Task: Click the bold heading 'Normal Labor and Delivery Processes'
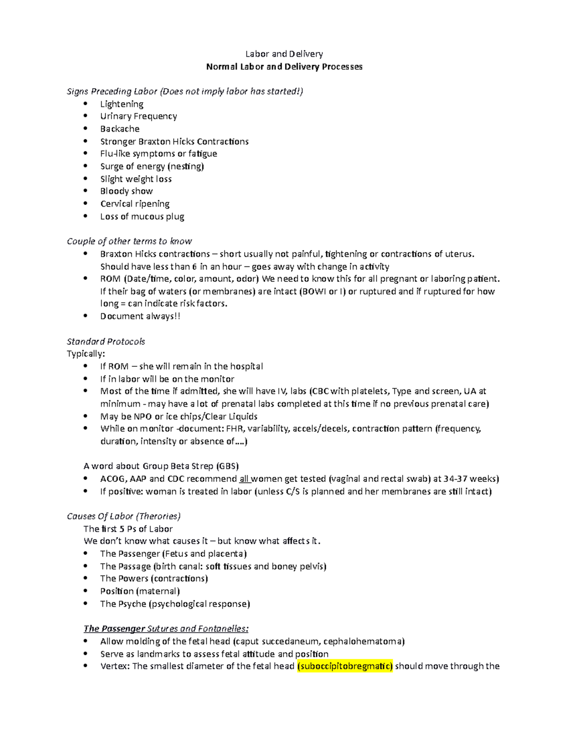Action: pos(284,67)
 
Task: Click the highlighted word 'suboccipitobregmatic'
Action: pos(345,666)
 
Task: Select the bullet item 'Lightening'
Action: pos(121,104)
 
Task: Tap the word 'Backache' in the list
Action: pos(119,129)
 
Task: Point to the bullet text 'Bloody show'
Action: pos(126,191)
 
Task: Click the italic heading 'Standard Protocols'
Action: pos(106,342)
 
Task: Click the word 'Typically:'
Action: pos(86,354)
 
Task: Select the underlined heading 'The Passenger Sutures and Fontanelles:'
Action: pos(166,629)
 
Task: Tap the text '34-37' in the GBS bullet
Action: pos(455,479)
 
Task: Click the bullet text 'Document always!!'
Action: pos(140,317)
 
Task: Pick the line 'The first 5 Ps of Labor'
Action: pos(128,529)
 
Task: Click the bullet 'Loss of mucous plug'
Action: pos(142,217)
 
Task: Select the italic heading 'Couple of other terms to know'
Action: pos(129,241)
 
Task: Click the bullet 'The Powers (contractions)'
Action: pos(154,579)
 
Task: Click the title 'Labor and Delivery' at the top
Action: pos(284,54)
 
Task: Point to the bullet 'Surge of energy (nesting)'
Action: pos(152,166)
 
